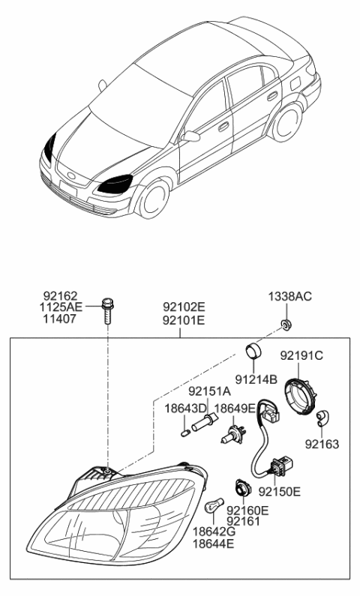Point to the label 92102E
(x=184, y=306)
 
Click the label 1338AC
(x=291, y=297)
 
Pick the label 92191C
(x=301, y=355)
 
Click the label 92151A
(x=209, y=391)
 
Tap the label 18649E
(x=235, y=409)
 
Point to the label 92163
(x=322, y=444)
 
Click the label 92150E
(x=279, y=492)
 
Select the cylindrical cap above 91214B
(x=253, y=350)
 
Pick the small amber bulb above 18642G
(x=212, y=508)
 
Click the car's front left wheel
(x=152, y=200)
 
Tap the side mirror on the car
(x=191, y=136)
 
